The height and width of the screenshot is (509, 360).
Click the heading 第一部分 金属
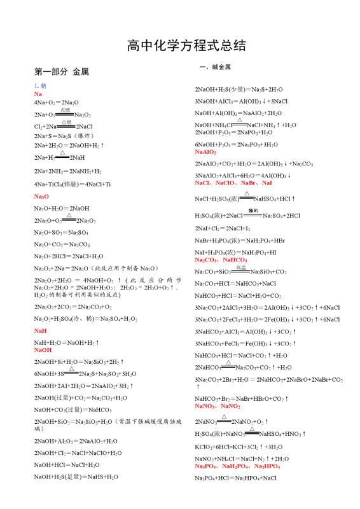[61, 72]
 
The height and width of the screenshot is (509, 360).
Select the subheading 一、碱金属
[215, 67]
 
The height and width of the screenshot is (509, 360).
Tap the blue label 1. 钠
[40, 85]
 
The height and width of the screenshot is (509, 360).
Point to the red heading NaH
[40, 331]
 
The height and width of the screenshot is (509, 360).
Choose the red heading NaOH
[43, 350]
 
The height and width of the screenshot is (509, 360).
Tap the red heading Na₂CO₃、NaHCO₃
[221, 260]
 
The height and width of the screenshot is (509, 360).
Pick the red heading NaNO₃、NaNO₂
[217, 406]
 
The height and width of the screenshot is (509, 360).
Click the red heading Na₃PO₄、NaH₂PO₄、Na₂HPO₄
[237, 466]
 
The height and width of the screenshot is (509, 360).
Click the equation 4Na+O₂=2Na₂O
[56, 102]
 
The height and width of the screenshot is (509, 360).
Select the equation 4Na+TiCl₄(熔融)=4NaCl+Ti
[72, 185]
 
